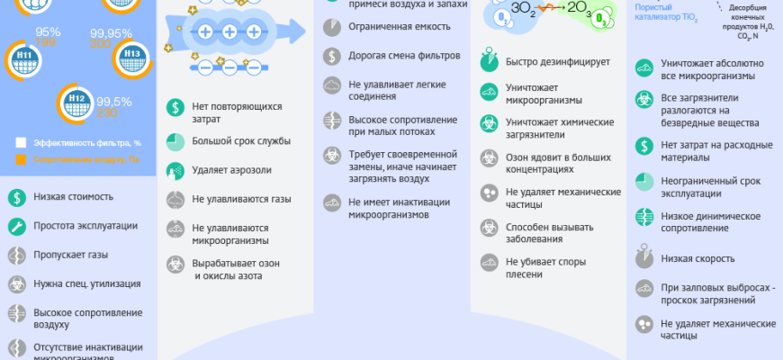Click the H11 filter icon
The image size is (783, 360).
click(26, 62)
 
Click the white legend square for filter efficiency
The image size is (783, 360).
click(21, 142)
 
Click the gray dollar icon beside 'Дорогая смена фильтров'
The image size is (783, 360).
click(332, 56)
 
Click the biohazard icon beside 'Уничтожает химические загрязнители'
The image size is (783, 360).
click(489, 127)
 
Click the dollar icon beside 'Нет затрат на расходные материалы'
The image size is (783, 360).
click(643, 145)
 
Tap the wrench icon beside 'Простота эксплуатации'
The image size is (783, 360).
click(16, 226)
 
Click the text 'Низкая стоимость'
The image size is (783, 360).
click(75, 197)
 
